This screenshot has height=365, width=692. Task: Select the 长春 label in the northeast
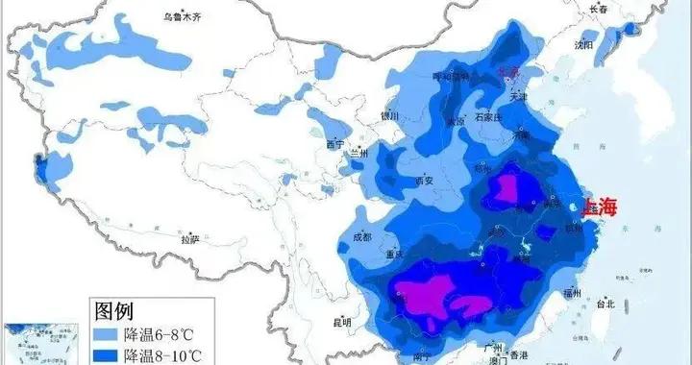(599, 8)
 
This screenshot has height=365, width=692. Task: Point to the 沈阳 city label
(583, 44)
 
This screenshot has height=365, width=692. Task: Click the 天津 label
(519, 96)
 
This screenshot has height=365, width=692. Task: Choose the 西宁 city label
(334, 144)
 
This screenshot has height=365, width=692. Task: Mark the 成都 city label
(361, 235)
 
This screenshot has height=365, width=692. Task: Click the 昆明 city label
(341, 321)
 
